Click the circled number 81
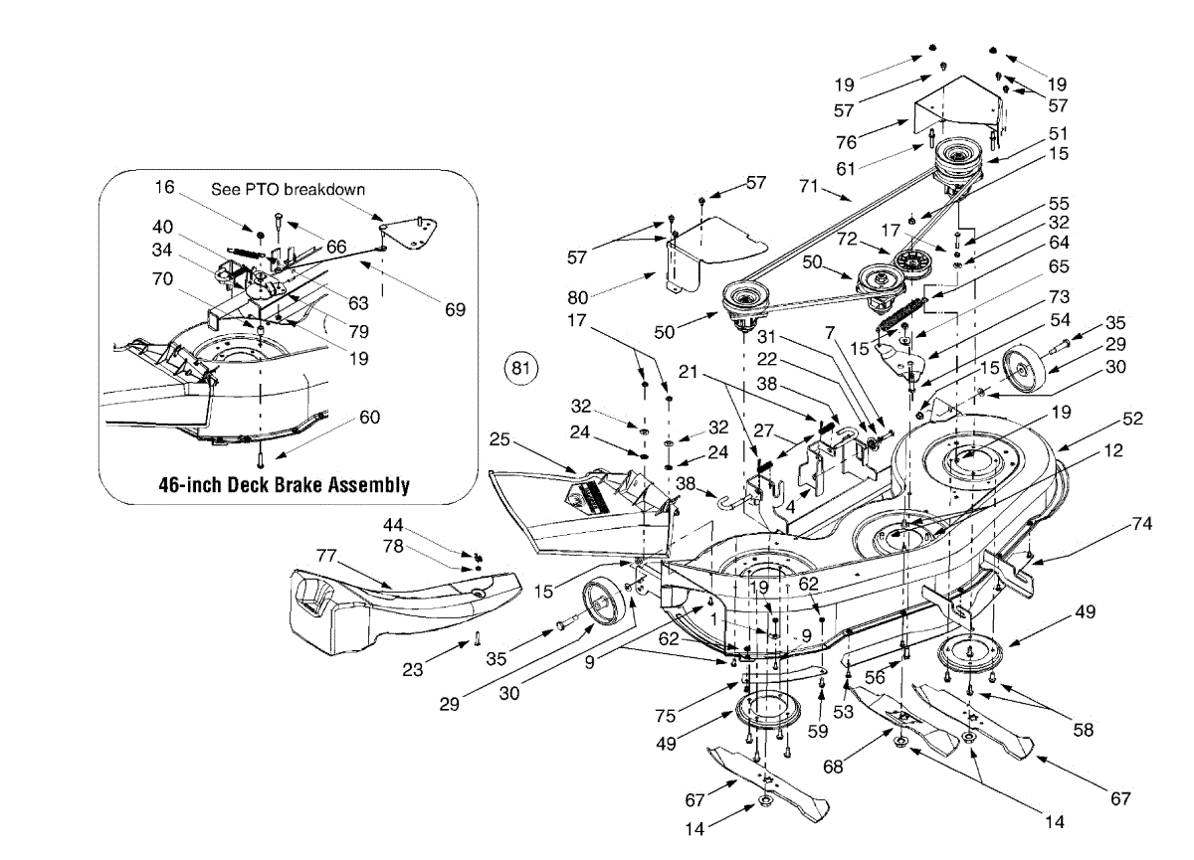tap(520, 368)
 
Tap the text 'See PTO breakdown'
tap(288, 189)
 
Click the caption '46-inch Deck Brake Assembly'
tap(284, 485)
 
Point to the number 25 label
tap(501, 437)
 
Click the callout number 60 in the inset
tap(368, 417)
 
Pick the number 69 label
tap(455, 309)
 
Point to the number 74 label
tap(1140, 524)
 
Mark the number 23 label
tap(411, 670)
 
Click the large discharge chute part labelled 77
tap(398, 606)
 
